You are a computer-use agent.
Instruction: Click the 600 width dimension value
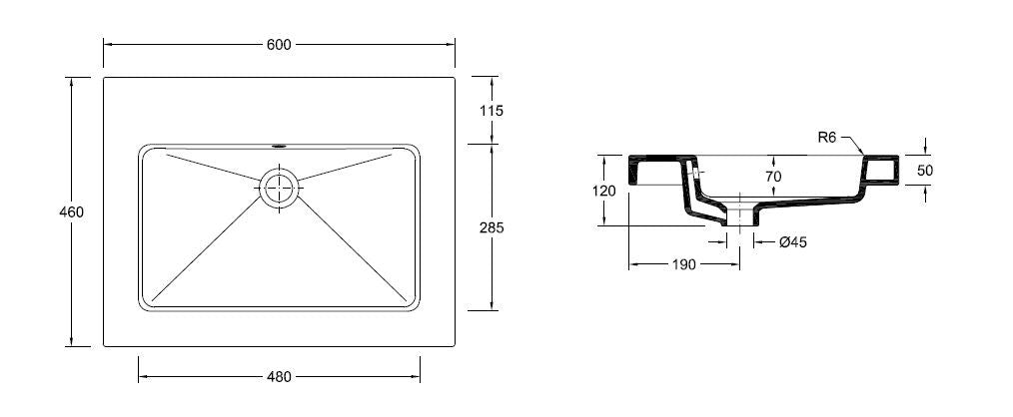coord(279,45)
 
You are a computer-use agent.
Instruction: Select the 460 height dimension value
coord(71,211)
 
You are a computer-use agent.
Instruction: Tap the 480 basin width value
coord(279,377)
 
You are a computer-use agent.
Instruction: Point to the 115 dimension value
coord(491,111)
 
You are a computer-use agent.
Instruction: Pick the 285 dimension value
coord(492,227)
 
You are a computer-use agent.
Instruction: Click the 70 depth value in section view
coord(773,176)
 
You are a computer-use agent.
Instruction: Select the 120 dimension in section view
coord(603,191)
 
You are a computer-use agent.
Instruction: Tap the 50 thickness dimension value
coord(925,171)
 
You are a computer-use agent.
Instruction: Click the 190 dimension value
coord(683,264)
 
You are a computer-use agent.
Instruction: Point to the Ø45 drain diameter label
coord(792,242)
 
